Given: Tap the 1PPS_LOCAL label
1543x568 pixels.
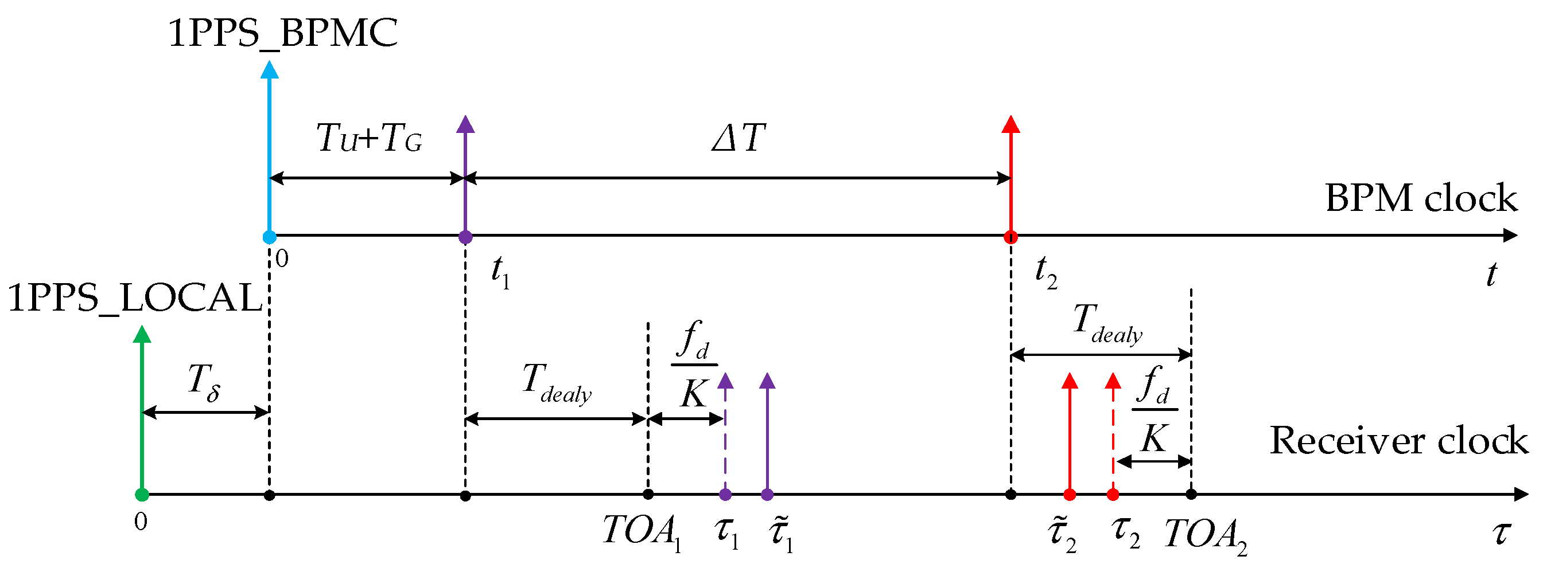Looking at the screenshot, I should point(135,297).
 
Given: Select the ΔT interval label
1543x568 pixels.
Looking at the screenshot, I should point(738,138).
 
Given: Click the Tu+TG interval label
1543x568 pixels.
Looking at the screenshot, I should point(369,139).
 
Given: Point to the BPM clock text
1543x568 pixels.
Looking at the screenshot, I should point(1421,198).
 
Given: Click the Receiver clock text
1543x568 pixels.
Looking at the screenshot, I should point(1398,441).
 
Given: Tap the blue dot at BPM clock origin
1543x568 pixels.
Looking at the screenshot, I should point(270,237).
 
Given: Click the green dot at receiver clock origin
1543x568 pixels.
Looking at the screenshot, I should point(142,495).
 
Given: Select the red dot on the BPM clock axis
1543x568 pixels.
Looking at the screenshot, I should point(1010,237).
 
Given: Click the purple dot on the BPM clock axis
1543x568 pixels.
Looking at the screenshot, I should point(465,237).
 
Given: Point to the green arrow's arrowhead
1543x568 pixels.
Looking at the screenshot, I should point(142,335).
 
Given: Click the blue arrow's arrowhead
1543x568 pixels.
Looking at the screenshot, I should point(270,69).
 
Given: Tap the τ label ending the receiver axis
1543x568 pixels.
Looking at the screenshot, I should point(1501,532).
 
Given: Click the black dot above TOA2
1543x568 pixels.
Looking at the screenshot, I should point(1191,495).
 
